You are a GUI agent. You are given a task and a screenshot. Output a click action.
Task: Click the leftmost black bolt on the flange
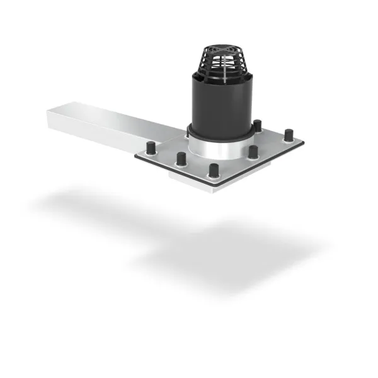point(151,148)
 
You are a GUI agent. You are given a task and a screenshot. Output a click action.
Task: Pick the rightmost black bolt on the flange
point(288,135)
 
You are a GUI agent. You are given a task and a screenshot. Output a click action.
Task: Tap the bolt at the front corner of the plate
point(214,170)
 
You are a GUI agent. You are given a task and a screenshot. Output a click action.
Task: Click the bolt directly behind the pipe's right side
point(257,125)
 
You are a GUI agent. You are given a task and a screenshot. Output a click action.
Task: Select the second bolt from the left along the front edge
point(181,158)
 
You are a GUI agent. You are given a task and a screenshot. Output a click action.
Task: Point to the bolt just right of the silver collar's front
point(253,152)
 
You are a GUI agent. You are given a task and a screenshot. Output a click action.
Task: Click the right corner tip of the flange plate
point(303,143)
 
